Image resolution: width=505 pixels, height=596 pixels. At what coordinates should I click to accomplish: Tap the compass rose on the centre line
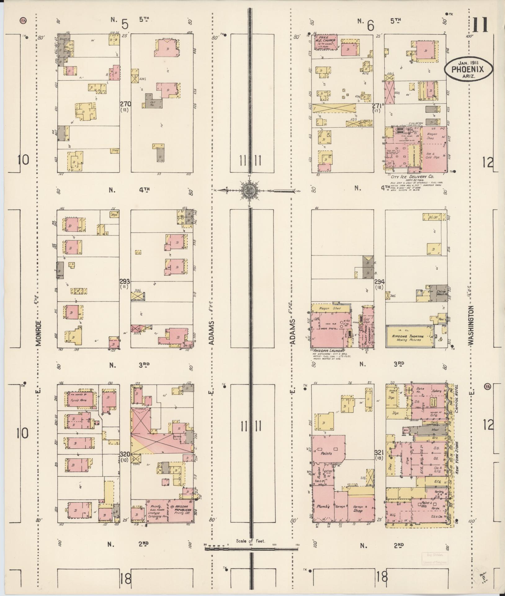click(x=249, y=190)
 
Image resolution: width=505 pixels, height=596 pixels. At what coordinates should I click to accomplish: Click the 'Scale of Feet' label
click(x=251, y=541)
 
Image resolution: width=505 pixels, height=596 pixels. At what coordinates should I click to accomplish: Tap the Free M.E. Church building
click(x=326, y=42)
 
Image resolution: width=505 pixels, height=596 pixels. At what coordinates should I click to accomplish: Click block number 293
click(x=126, y=281)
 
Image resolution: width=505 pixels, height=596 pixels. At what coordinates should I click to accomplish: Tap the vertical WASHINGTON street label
click(x=471, y=325)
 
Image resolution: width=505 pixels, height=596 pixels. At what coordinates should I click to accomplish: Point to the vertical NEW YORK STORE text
click(x=457, y=459)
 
